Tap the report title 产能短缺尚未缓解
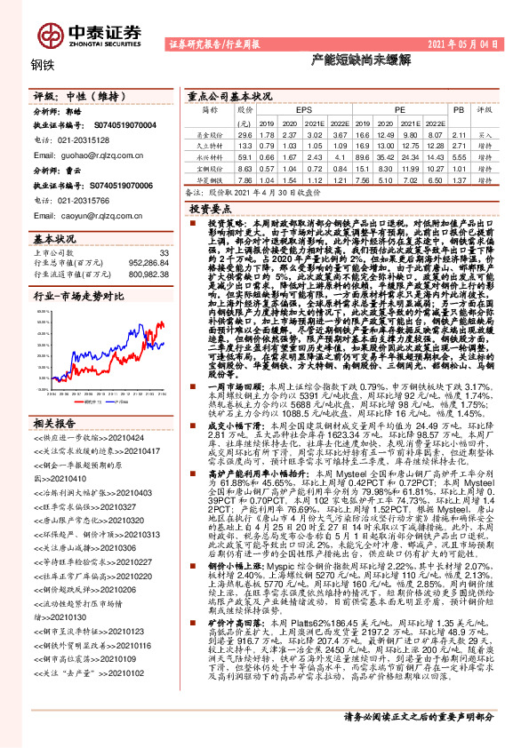(348, 63)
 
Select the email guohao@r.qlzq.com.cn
(83, 153)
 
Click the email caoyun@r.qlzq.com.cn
(83, 215)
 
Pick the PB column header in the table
(459, 109)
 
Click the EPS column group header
(292, 109)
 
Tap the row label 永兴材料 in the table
(210, 155)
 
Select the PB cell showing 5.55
(459, 155)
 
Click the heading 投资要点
(211, 207)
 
